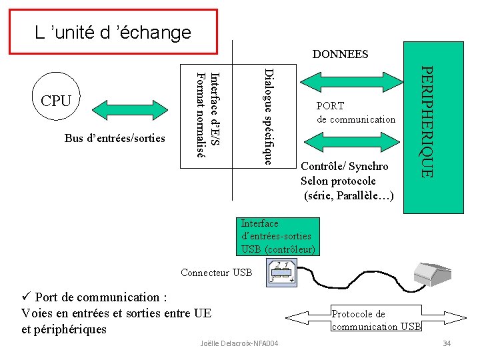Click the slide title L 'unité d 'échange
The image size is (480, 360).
coord(113,32)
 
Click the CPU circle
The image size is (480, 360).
coord(56,101)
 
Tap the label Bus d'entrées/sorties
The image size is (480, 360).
coord(115,138)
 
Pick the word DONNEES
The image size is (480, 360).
coord(341,54)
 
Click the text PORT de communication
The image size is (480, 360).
coord(355,113)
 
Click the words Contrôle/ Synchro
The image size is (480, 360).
coord(345,166)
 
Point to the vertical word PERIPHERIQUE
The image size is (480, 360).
coord(429,121)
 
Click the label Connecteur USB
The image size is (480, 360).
coord(216,272)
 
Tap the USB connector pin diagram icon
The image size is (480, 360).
coord(283,272)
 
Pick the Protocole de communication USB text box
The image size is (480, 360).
coord(376,319)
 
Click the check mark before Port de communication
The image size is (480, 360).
coord(26,297)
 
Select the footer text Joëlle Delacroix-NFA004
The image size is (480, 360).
coord(239,343)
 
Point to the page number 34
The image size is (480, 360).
coord(447,343)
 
